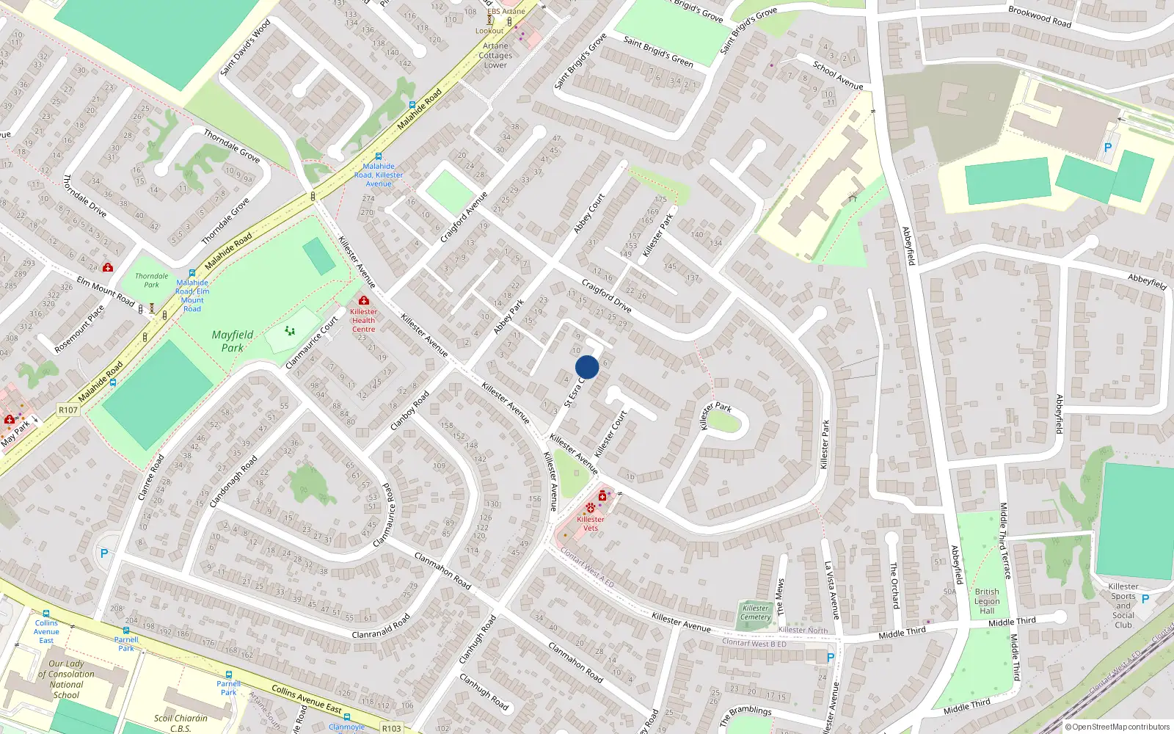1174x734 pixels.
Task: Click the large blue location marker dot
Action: click(x=587, y=367)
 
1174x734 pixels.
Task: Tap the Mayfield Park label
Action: click(x=233, y=341)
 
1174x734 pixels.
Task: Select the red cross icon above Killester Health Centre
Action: click(x=363, y=300)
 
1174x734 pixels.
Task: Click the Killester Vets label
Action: click(x=591, y=523)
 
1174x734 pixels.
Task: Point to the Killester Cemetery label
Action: click(x=755, y=612)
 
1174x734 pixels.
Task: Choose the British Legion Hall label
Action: click(x=987, y=601)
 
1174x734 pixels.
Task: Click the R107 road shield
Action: click(x=68, y=410)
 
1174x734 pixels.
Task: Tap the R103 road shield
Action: click(x=391, y=728)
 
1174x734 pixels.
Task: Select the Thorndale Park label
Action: click(x=151, y=280)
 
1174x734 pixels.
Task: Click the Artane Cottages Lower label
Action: click(x=495, y=55)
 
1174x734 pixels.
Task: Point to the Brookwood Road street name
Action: click(x=1040, y=16)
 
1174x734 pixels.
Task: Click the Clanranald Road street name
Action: click(x=381, y=627)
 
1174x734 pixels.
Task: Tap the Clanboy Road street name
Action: click(x=409, y=410)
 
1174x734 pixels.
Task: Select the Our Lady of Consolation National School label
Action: click(x=66, y=679)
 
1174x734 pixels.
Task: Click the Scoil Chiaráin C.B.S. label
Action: click(x=181, y=723)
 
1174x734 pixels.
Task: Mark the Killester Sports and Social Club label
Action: click(x=1123, y=606)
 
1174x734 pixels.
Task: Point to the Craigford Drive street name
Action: click(x=606, y=295)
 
